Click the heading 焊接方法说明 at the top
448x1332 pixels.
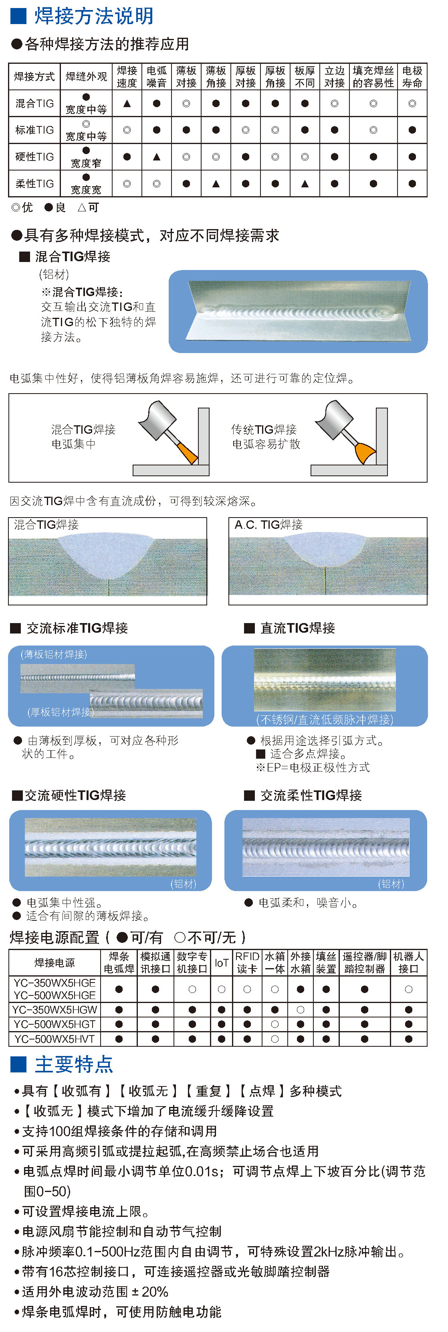(x=94, y=16)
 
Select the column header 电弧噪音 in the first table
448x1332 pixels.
(x=157, y=77)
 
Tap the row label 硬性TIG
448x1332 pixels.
(x=34, y=157)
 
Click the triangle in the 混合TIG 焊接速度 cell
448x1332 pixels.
(x=127, y=104)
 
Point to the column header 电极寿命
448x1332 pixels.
(x=412, y=77)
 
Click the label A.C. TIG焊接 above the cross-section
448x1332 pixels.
(x=269, y=525)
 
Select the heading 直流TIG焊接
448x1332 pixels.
(x=298, y=628)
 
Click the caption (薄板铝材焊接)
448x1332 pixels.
(x=54, y=654)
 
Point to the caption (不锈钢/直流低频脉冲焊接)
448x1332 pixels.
(x=325, y=719)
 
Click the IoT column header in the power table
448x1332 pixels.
(x=222, y=963)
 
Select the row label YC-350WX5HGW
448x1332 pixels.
(x=55, y=1009)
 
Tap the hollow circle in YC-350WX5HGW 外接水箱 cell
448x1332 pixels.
(x=301, y=1009)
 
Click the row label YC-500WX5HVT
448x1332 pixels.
(x=55, y=1039)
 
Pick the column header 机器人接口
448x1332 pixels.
(x=409, y=963)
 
